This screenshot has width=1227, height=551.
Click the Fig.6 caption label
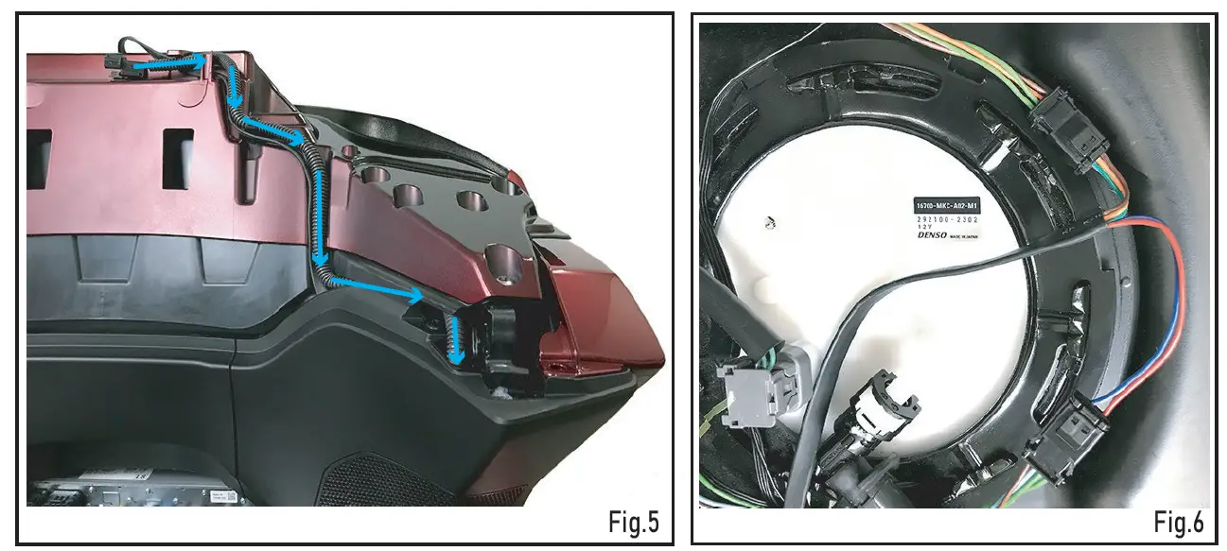(x=1181, y=521)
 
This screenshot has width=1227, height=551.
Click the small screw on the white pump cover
(x=770, y=223)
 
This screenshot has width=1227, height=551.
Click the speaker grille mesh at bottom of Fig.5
(x=378, y=487)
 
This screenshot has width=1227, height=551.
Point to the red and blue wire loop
(x=1164, y=312)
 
